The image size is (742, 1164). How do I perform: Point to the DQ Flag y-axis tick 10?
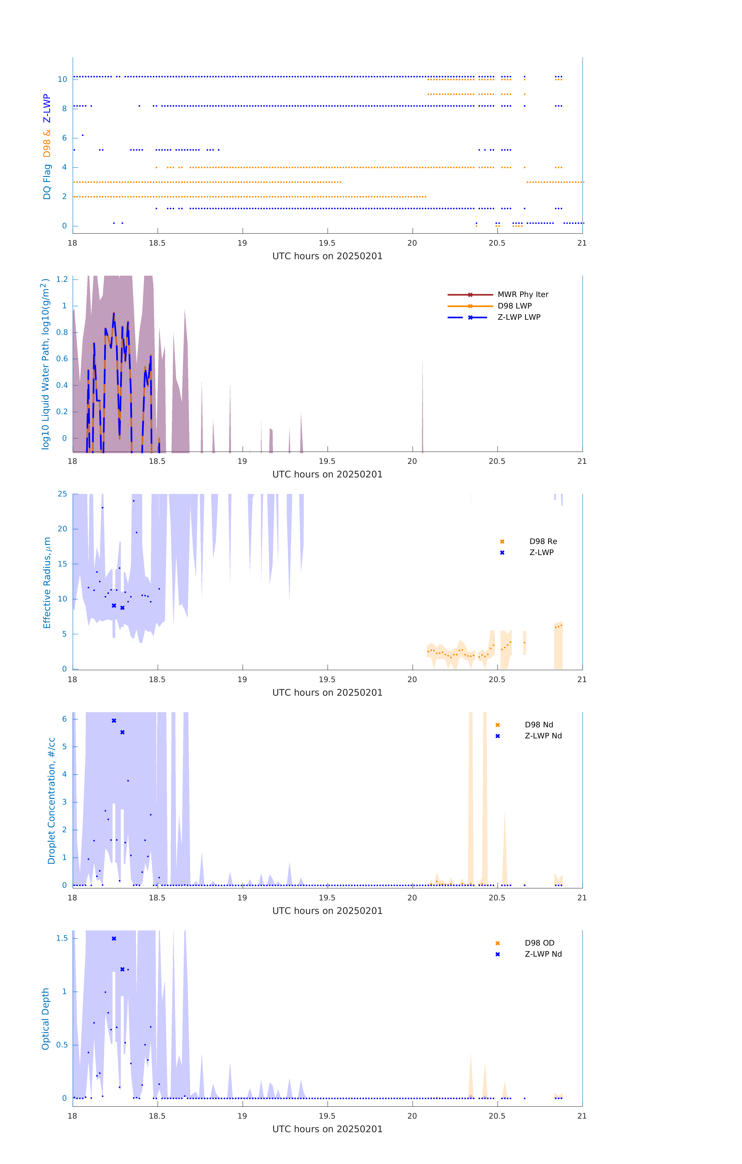[62, 79]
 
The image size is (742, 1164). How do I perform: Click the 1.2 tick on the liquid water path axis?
[62, 279]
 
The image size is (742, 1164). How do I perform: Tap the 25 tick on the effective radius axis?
[62, 494]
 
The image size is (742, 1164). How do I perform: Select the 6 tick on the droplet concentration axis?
[64, 719]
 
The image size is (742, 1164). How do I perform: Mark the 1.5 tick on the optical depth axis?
[62, 938]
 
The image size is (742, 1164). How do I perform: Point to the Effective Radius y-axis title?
[47, 582]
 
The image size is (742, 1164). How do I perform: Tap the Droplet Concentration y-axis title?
[51, 800]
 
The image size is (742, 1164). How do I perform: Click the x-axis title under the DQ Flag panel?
[327, 256]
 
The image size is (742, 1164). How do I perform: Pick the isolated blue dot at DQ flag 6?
[83, 135]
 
